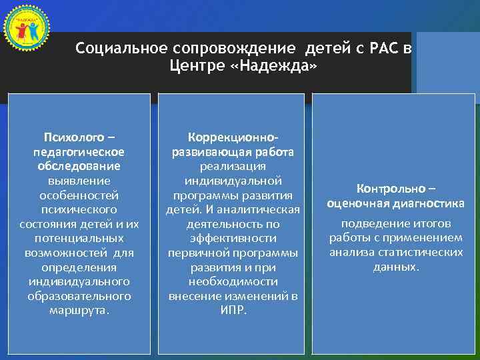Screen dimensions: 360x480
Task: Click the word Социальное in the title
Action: pos(121,49)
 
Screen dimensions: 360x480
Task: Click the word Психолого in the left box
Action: pos(75,138)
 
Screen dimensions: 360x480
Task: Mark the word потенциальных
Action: pos(79,238)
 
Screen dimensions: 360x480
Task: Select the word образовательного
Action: pos(79,296)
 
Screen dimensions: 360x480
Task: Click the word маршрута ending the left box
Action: pos(78,311)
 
